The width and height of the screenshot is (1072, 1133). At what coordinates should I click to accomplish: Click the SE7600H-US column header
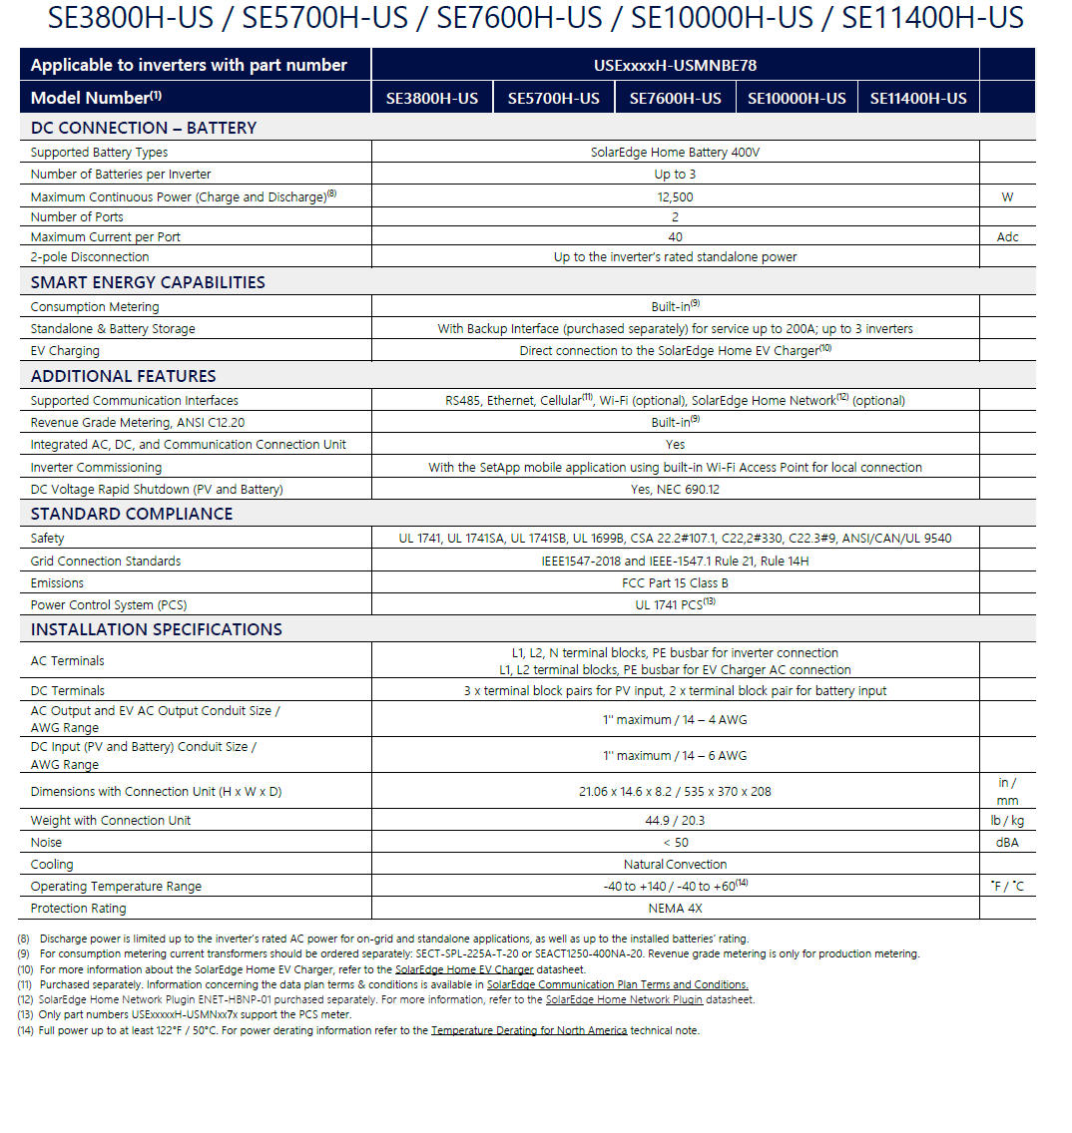[x=675, y=98]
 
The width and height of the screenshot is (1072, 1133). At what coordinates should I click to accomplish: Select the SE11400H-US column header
[x=918, y=98]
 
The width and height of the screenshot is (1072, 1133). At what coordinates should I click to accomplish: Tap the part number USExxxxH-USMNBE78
[x=675, y=65]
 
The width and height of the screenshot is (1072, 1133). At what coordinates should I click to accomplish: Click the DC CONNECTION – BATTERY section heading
[x=144, y=128]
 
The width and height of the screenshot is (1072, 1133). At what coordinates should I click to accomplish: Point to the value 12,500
[x=675, y=196]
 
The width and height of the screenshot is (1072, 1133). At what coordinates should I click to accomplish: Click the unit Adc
[x=1007, y=237]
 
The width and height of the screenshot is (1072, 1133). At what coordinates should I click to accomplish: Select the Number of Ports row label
[x=77, y=216]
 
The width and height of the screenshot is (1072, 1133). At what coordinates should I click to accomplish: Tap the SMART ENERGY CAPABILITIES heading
[x=148, y=282]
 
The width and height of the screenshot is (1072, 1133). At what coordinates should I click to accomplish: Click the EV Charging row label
[x=65, y=351]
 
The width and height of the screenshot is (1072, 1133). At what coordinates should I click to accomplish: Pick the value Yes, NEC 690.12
[x=675, y=490]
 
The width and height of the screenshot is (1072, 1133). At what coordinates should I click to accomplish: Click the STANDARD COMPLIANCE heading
[x=132, y=514]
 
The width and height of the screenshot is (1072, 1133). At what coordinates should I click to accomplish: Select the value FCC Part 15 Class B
[x=675, y=583]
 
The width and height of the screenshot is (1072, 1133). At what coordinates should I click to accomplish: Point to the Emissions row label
[x=57, y=583]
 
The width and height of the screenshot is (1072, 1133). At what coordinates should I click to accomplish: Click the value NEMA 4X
[x=675, y=909]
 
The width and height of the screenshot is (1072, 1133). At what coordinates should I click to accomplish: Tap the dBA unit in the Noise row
[x=1007, y=843]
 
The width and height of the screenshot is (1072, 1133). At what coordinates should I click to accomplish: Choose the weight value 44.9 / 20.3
[x=675, y=821]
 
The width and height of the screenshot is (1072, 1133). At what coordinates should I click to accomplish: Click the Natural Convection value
[x=675, y=865]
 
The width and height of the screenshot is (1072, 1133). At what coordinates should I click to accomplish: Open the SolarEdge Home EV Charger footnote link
[x=464, y=969]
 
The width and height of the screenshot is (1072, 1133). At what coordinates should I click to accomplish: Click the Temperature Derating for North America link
[x=529, y=1030]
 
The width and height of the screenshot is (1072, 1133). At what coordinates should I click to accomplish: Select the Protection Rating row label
[x=78, y=909]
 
